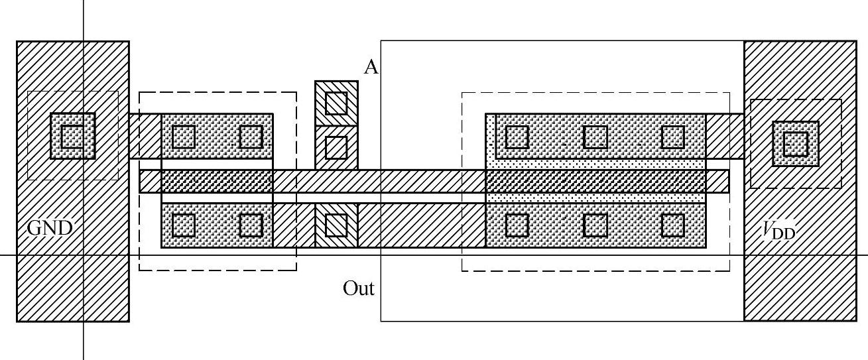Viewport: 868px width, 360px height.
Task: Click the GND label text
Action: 50,229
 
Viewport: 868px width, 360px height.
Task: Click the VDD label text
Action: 777,230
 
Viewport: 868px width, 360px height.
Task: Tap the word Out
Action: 359,288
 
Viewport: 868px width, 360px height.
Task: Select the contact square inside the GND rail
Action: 72,136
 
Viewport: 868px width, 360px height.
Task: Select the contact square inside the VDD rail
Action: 795,143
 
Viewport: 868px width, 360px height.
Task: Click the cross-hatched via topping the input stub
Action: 336,102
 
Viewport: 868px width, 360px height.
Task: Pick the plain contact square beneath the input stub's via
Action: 336,147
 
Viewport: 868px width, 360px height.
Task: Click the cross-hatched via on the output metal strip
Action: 336,225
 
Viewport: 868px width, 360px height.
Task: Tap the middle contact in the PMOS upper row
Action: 595,137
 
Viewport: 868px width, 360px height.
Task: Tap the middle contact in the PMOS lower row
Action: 595,225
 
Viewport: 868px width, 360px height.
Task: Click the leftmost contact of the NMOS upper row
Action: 184,137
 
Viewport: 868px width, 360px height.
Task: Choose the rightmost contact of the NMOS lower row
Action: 251,225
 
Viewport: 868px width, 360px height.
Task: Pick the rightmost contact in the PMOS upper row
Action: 673,137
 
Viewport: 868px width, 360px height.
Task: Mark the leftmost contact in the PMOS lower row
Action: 517,225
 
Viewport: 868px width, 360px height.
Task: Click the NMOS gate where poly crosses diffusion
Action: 217,181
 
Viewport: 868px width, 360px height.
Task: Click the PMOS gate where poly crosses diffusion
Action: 595,181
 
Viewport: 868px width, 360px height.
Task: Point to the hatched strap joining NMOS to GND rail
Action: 145,136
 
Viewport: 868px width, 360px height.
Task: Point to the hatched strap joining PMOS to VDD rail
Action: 724,136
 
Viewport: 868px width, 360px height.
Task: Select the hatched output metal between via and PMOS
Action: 421,225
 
